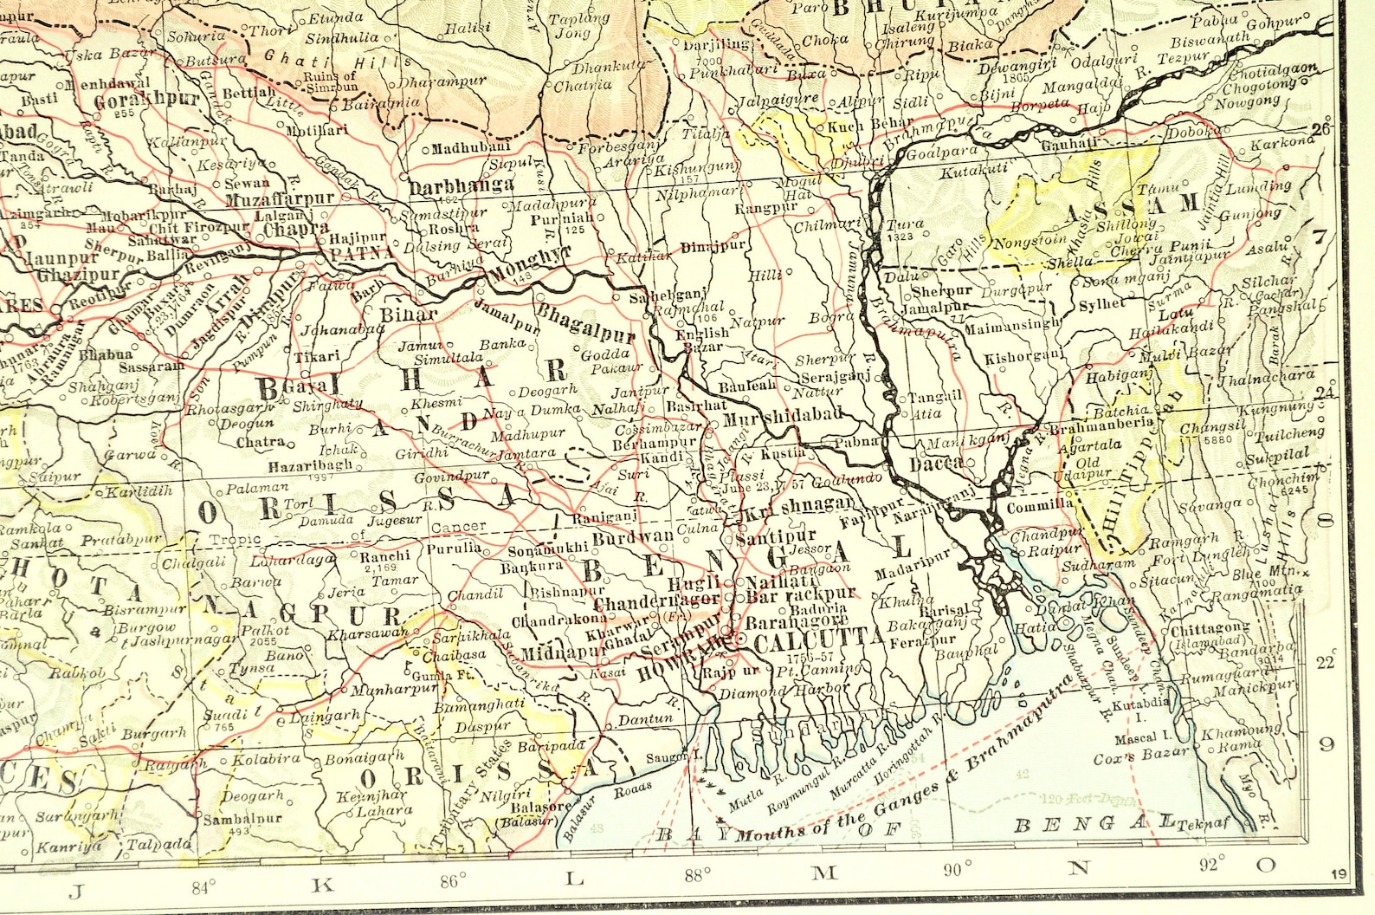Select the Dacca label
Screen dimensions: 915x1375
coord(935,464)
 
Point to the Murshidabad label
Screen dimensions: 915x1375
coord(782,415)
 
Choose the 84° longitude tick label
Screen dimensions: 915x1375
coord(203,886)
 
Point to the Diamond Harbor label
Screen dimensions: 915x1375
coord(785,691)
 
